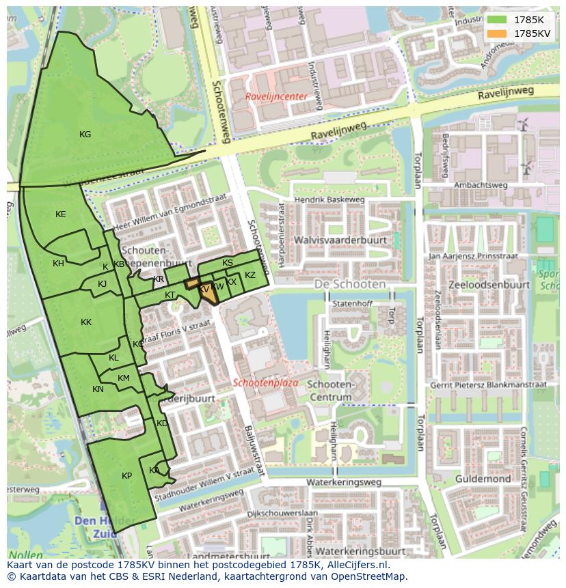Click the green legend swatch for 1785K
tap(497, 19)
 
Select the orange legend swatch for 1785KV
tap(497, 33)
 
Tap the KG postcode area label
tap(85, 135)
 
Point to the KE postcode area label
tap(61, 214)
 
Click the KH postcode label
tap(58, 264)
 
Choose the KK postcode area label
tap(86, 322)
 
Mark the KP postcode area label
tap(126, 476)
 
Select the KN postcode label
tap(98, 389)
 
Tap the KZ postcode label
tap(250, 275)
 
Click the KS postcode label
tap(228, 263)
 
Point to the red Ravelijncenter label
tap(276, 97)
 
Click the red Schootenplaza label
tap(265, 383)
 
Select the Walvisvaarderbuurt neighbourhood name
tap(340, 240)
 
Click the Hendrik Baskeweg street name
tap(329, 199)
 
